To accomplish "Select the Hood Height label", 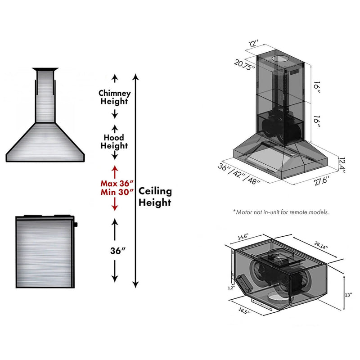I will coord(115,141).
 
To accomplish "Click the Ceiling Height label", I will coord(155,197).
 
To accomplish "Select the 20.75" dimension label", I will coord(244,63).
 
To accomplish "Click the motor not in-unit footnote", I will coord(281,211).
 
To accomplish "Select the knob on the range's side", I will coord(76,224).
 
